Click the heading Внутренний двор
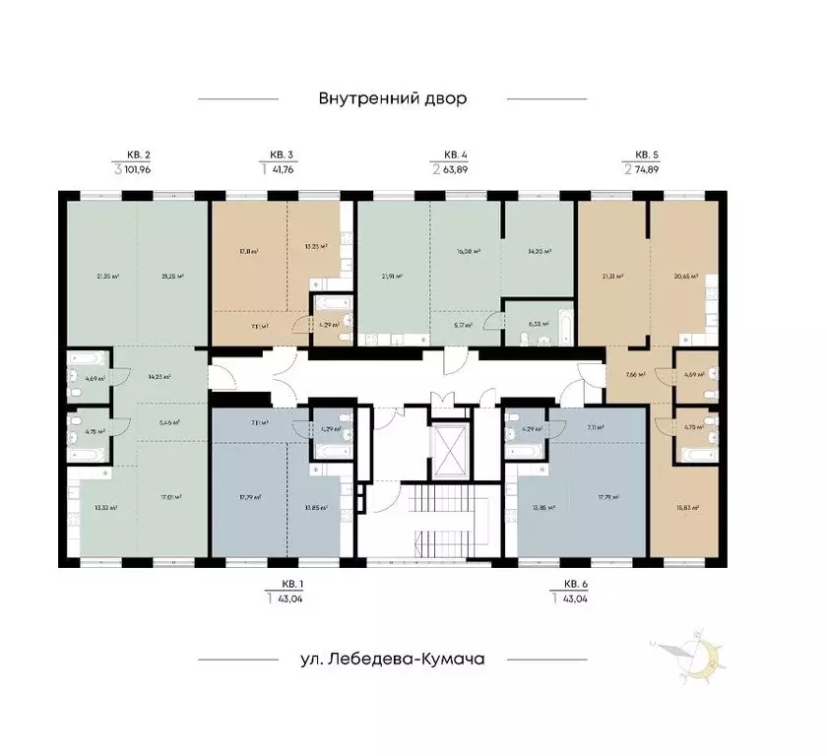391,98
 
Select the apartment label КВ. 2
138,155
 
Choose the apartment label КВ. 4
455,155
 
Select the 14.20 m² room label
538,252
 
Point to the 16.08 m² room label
470,252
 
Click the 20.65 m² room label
685,277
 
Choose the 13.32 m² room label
106,509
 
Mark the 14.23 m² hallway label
158,376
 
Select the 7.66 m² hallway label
635,375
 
